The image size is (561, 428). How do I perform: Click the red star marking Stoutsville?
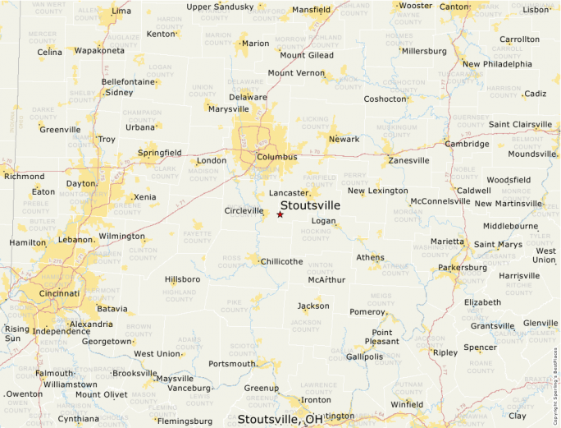click(x=280, y=214)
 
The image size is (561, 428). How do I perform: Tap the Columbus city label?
click(x=277, y=157)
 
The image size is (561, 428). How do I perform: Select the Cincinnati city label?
click(x=53, y=293)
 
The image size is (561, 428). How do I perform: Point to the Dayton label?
click(x=81, y=183)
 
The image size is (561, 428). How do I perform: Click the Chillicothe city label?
click(x=281, y=261)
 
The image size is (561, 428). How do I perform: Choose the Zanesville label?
click(x=408, y=160)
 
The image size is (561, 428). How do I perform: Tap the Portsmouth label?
click(x=233, y=364)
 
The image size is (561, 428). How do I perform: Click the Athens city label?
click(x=370, y=257)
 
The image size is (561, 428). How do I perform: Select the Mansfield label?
click(x=311, y=10)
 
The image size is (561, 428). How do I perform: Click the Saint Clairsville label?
click(x=520, y=125)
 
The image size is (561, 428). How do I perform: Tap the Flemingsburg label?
click(x=184, y=421)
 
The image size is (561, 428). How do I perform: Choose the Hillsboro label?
click(x=182, y=279)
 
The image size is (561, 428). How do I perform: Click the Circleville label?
click(x=244, y=210)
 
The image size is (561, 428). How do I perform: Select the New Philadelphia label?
click(x=497, y=64)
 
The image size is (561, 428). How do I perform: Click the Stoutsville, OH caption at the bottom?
click(x=280, y=420)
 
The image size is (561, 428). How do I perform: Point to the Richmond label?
click(x=25, y=176)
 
